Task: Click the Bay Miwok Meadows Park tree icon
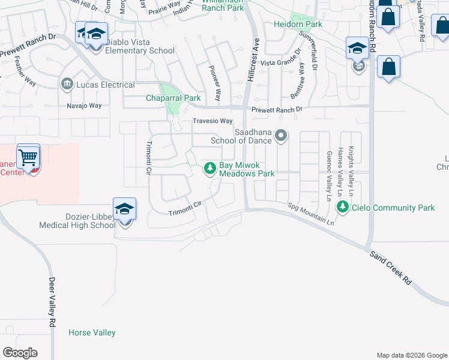(210, 169)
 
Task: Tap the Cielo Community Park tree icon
(343, 208)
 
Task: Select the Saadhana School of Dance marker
(281, 137)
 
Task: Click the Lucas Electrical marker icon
(67, 85)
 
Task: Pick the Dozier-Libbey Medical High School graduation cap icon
(124, 210)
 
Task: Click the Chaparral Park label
(173, 98)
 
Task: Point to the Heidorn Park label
(298, 25)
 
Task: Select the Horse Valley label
(92, 332)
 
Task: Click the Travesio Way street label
(212, 121)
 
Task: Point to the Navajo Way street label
(84, 106)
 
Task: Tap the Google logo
(20, 353)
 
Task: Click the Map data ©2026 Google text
(411, 355)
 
